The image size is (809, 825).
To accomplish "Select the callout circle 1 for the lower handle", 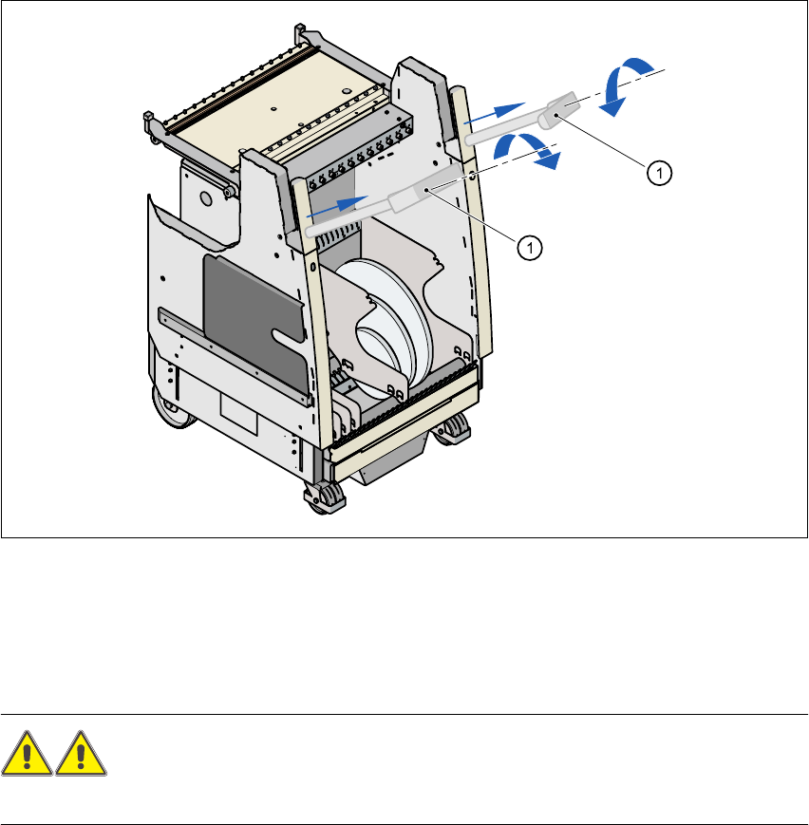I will tap(532, 247).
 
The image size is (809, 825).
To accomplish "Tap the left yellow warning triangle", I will tap(27, 757).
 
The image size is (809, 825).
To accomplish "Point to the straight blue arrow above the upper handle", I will tap(497, 111).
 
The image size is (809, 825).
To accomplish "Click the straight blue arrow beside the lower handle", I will tap(337, 205).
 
